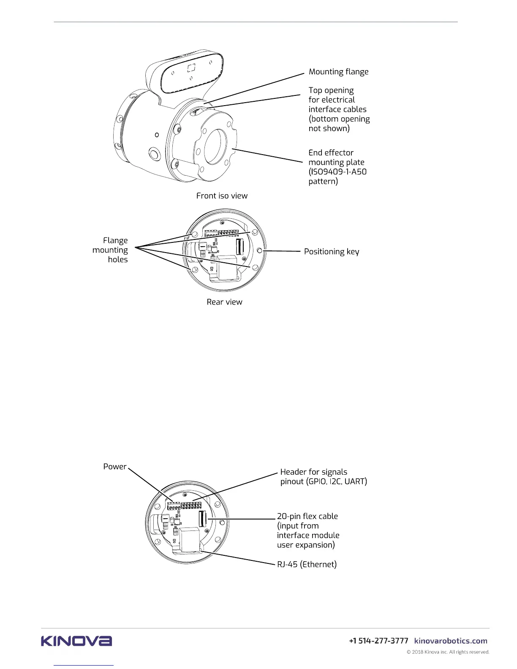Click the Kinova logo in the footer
(x=76, y=641)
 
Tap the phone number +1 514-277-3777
(x=378, y=641)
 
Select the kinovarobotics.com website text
(x=451, y=641)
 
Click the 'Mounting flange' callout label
(x=338, y=72)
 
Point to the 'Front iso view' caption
(x=222, y=196)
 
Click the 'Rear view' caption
(x=224, y=302)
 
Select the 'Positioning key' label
(x=332, y=252)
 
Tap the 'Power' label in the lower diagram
(x=114, y=467)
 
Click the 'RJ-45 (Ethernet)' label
(x=307, y=565)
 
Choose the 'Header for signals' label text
(x=314, y=472)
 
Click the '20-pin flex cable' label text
(x=307, y=517)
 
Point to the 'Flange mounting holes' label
(x=111, y=250)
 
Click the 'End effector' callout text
(x=331, y=153)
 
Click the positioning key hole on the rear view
(x=260, y=251)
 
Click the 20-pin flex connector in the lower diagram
(x=202, y=519)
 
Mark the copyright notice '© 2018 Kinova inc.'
(x=448, y=652)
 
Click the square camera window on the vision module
(x=191, y=68)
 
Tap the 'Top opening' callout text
(x=331, y=90)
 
